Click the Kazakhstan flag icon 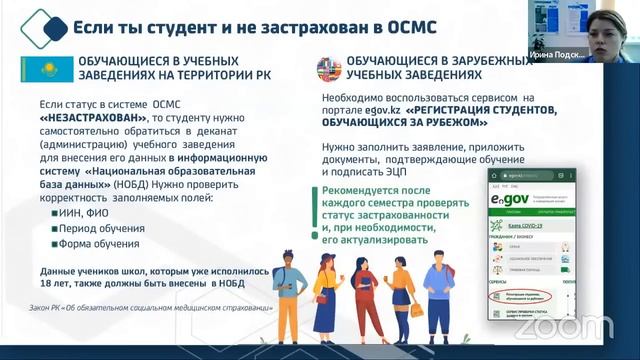click(40, 70)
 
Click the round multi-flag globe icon click(328, 70)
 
